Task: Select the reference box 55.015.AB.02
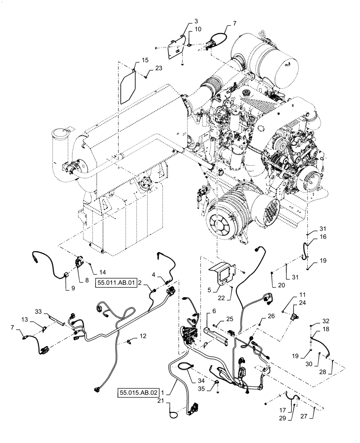coord(138,392)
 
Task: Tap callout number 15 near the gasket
coord(133,60)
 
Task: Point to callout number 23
coord(159,68)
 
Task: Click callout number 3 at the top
coord(184,21)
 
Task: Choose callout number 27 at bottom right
coord(315,416)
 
